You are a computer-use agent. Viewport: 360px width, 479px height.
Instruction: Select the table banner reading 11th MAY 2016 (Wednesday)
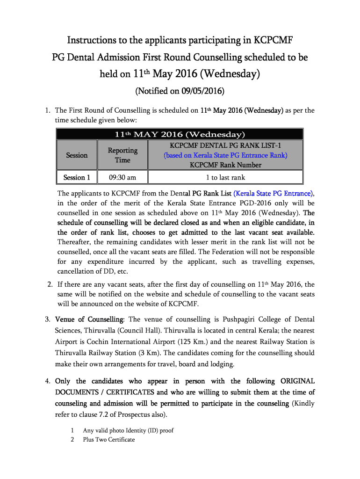click(180, 135)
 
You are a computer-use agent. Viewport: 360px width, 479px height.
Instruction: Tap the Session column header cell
click(77, 155)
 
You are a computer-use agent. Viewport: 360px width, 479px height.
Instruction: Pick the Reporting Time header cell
click(122, 155)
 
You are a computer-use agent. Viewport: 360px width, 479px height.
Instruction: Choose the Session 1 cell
click(77, 177)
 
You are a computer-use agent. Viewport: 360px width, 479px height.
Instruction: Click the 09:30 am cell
click(122, 177)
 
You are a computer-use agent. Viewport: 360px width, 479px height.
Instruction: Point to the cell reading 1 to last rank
click(225, 177)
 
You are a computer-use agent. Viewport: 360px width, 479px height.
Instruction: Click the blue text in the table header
click(225, 155)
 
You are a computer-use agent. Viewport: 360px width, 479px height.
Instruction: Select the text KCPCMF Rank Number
click(225, 165)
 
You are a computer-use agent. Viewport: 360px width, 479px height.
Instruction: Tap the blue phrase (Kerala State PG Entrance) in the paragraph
click(274, 193)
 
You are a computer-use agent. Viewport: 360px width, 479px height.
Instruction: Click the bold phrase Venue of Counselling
click(89, 319)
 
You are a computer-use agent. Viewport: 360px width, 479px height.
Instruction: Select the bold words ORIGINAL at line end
click(297, 381)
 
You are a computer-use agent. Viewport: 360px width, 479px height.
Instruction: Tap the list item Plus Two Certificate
click(108, 440)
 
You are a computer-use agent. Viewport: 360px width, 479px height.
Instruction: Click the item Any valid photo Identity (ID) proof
click(128, 430)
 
